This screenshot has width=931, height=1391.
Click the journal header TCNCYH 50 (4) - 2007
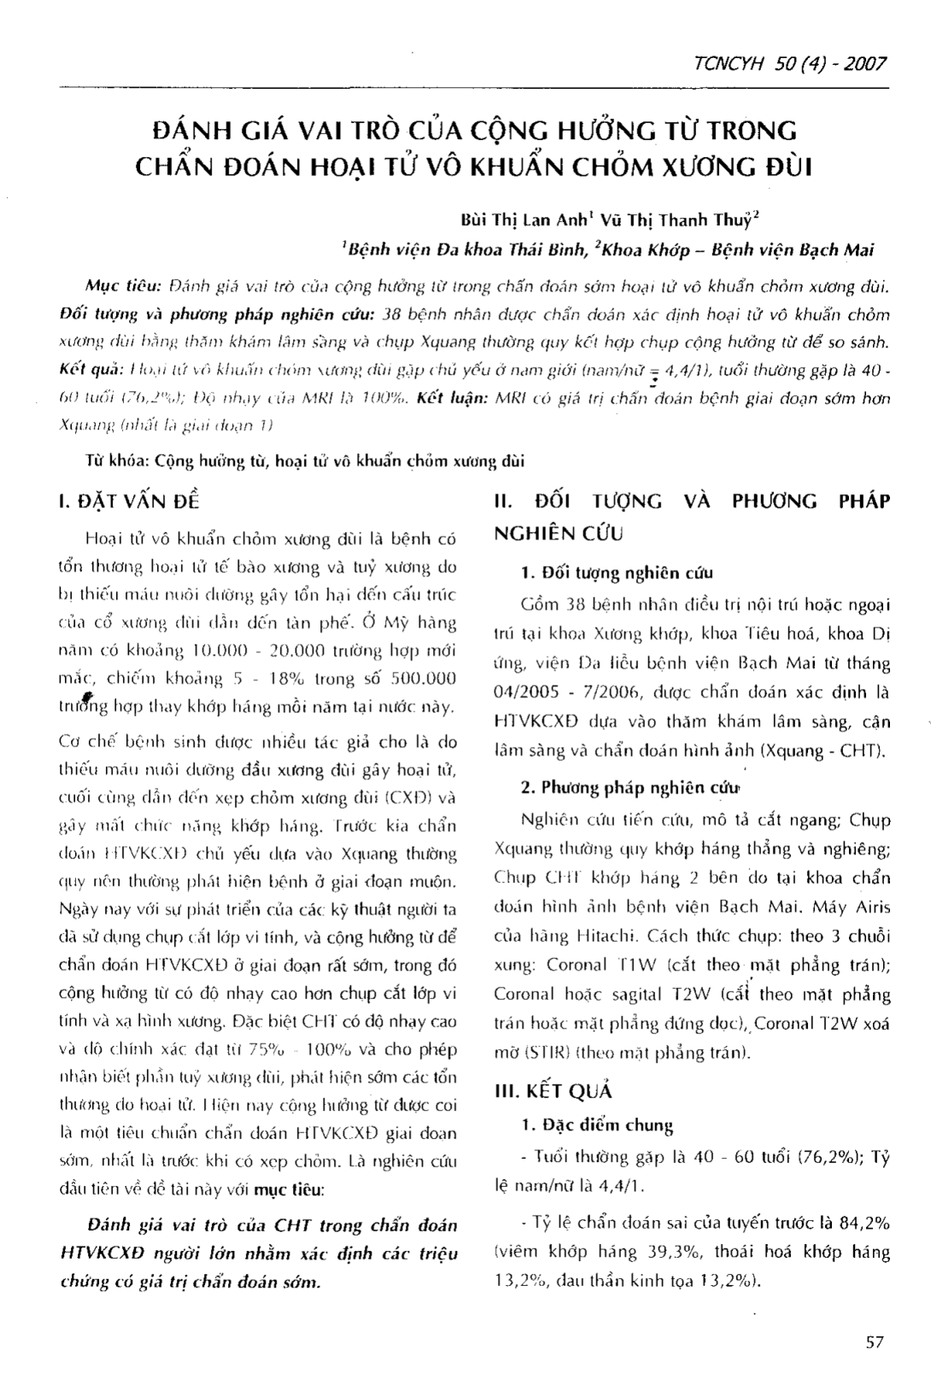[791, 64]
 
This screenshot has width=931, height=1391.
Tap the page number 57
[874, 1342]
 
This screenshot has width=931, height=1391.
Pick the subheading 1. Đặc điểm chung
[597, 1125]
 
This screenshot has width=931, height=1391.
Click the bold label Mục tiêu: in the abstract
[123, 283]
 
